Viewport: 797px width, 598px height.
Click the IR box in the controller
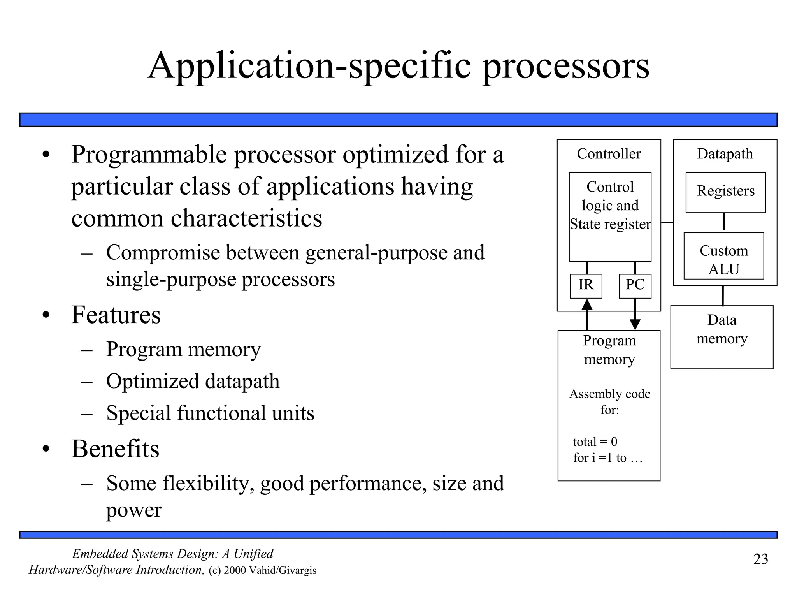click(586, 286)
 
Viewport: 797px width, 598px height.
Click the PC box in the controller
click(635, 286)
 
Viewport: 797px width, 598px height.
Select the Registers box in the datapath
click(725, 192)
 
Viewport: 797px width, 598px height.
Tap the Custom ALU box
click(723, 256)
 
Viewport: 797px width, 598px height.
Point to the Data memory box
click(722, 337)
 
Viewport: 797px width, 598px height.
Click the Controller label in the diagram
click(609, 154)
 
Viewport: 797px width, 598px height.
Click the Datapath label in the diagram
click(725, 154)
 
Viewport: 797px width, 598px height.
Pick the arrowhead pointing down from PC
click(635, 324)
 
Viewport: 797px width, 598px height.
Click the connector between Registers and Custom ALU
click(724, 222)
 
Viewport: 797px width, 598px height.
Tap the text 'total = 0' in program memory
click(595, 441)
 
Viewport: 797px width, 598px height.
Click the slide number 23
click(760, 559)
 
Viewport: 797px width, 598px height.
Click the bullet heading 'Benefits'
click(115, 448)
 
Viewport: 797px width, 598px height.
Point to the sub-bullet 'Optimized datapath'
click(193, 381)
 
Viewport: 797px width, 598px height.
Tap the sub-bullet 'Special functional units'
click(210, 413)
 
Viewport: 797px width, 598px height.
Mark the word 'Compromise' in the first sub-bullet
click(163, 252)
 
